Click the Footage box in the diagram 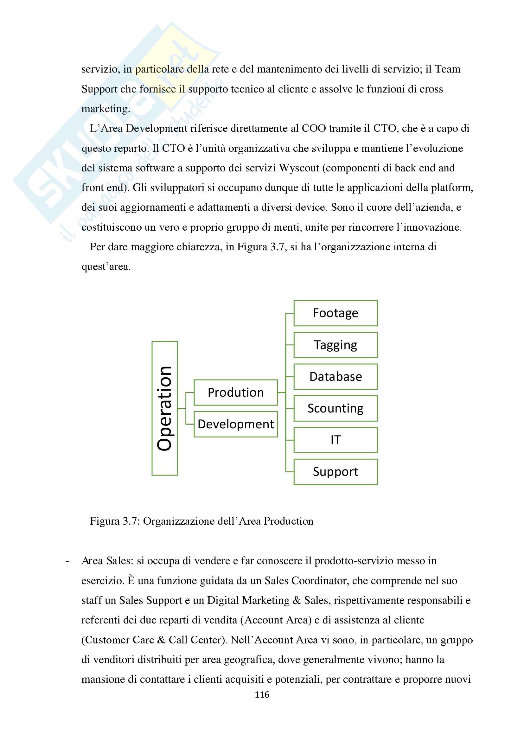[x=335, y=313]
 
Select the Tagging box [x=335, y=345]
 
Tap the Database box [x=335, y=377]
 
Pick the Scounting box [x=335, y=408]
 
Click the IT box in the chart [x=335, y=440]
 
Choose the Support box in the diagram [x=335, y=472]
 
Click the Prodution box [x=235, y=393]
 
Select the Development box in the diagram [x=235, y=424]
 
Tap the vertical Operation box [x=164, y=408]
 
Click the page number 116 [x=262, y=694]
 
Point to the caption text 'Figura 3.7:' [x=115, y=521]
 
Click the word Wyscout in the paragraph [x=299, y=168]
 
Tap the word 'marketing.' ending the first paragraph [x=106, y=109]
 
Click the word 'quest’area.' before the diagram [x=106, y=266]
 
